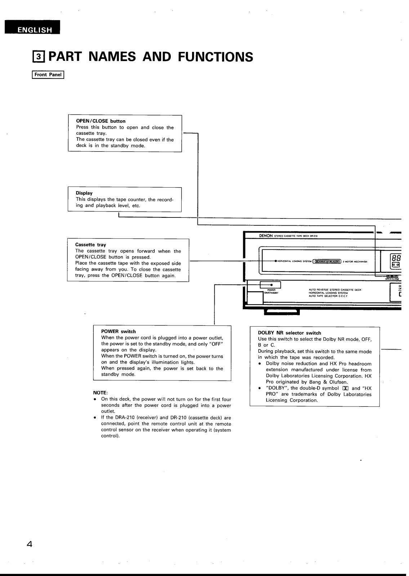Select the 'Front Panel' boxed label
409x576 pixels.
click(48, 75)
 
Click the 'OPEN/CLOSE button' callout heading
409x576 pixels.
click(101, 121)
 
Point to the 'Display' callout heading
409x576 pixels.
click(84, 193)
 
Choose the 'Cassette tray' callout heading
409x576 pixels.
click(90, 245)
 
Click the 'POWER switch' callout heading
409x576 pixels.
click(118, 332)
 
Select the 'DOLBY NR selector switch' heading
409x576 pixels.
click(289, 333)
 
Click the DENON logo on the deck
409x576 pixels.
click(266, 236)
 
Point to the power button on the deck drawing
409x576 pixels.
click(270, 285)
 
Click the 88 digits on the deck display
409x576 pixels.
click(396, 258)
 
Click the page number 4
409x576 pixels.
click(30, 544)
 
